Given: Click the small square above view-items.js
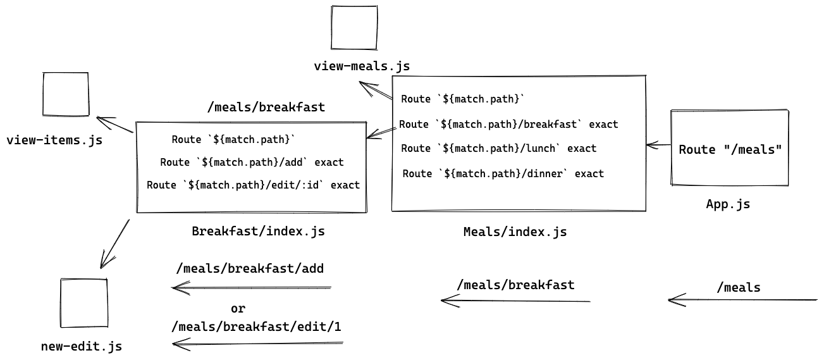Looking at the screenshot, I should [66, 94].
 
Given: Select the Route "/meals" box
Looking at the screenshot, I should [730, 149].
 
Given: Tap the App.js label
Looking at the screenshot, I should [728, 204].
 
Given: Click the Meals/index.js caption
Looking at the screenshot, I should [515, 232].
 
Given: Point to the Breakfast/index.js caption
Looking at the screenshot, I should [258, 231].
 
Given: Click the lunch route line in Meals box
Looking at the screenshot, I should [499, 148].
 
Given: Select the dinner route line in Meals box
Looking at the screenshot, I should [503, 173].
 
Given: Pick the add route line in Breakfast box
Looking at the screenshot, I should [252, 162].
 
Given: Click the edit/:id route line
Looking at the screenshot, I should [253, 185].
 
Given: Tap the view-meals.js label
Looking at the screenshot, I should [362, 66].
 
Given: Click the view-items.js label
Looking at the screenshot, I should [54, 140].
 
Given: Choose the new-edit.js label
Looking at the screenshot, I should [81, 346].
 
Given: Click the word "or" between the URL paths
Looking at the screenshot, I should [238, 309].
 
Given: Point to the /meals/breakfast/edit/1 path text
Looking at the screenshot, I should [257, 326].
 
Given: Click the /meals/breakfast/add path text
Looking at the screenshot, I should [250, 268].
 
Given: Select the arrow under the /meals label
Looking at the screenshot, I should [742, 299].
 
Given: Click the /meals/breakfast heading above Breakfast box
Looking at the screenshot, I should [266, 107].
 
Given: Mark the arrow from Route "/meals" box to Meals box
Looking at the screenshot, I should [658, 146].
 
